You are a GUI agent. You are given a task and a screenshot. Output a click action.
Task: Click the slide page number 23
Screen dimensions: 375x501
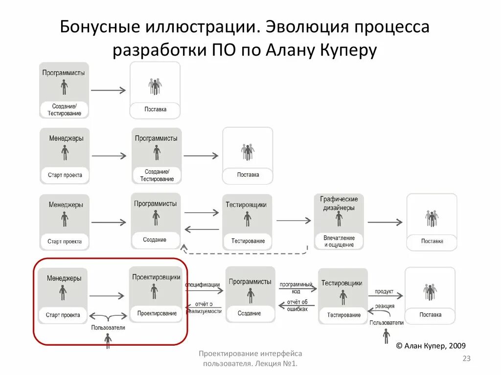tap(466, 359)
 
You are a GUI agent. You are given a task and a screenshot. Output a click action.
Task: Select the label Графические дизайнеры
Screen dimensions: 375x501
tap(339, 203)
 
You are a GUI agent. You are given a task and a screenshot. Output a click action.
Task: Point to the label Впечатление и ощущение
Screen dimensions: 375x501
tap(339, 241)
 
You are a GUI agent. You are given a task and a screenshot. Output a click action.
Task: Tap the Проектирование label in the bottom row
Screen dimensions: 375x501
tap(157, 313)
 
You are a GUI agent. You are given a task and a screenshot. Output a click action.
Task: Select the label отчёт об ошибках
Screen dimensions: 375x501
tap(297, 305)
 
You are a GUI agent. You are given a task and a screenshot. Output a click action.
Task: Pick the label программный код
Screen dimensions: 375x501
tap(296, 288)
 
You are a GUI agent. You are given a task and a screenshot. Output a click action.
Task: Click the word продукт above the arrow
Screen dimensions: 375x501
tap(384, 292)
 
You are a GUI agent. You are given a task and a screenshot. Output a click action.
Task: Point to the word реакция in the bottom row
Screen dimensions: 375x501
tap(385, 306)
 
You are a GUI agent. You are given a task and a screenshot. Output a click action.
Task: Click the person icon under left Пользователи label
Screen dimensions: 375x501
tap(108, 341)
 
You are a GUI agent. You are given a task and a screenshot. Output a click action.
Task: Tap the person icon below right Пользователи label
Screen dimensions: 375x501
tap(387, 335)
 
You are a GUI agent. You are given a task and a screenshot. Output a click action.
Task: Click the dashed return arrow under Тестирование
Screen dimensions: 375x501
tap(245, 252)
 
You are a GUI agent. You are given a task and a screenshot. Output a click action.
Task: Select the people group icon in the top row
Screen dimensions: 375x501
tap(155, 86)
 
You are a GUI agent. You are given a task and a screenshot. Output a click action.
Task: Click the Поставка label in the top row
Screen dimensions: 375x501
tap(155, 109)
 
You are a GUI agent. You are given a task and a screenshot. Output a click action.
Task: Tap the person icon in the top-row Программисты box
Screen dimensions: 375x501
tap(64, 88)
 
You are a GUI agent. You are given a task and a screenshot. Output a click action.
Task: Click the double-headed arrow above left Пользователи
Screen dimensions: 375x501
tap(108, 316)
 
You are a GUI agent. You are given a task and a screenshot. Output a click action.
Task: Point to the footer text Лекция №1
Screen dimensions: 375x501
tap(276, 364)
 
